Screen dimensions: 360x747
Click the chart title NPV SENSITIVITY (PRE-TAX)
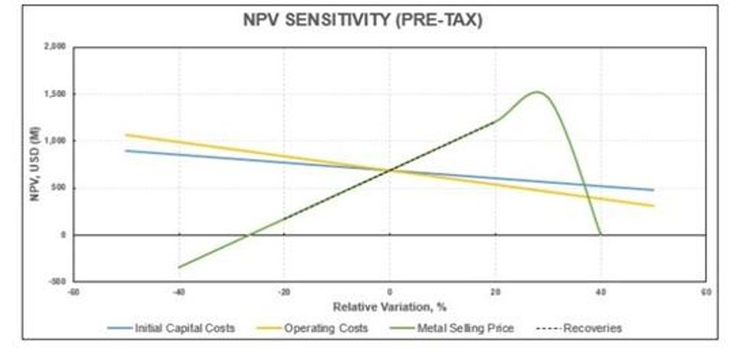pyautogui.click(x=362, y=21)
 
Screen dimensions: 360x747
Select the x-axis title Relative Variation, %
pyautogui.click(x=389, y=307)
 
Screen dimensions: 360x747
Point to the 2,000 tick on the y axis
pyautogui.click(x=56, y=47)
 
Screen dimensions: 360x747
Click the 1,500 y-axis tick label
pyautogui.click(x=56, y=95)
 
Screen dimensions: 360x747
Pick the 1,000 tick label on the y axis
pyautogui.click(x=56, y=141)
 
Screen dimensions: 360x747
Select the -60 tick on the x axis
pyautogui.click(x=72, y=292)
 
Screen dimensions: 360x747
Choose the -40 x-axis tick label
pyautogui.click(x=178, y=292)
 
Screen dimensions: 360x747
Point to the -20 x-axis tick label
pyautogui.click(x=283, y=292)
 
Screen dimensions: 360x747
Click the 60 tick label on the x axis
pyautogui.click(x=706, y=292)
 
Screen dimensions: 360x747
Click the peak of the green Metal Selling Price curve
pyautogui.click(x=537, y=92)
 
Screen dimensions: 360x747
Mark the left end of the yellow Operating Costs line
pyautogui.click(x=126, y=135)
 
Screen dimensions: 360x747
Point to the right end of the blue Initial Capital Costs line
pyautogui.click(x=653, y=190)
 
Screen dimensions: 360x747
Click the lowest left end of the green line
pyautogui.click(x=178, y=267)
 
